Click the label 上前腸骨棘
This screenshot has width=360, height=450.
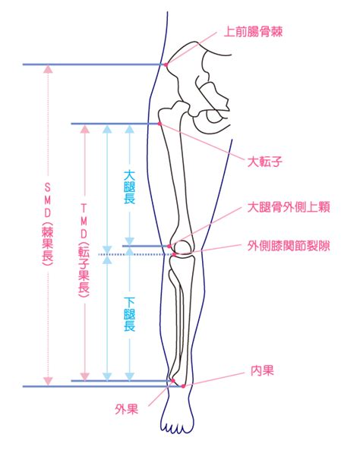coord(253,32)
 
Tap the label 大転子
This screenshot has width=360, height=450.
coord(265,162)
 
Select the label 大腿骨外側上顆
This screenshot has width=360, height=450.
coord(289,207)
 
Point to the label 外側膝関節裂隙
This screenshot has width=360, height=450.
coord(289,246)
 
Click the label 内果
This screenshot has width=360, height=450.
coord(262,371)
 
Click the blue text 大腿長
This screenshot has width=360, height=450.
coord(130,187)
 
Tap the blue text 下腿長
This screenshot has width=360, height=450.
coord(130,314)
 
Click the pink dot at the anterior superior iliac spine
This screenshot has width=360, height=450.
coord(166,65)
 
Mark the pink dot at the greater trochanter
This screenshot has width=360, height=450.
coord(159,124)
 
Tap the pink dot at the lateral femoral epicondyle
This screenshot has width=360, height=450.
coord(169,246)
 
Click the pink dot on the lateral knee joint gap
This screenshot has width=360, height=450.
coord(174,254)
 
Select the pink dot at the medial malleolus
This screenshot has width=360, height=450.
coord(183,386)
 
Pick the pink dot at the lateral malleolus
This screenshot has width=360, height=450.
coord(173,381)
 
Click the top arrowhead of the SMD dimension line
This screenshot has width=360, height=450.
coord(48,69)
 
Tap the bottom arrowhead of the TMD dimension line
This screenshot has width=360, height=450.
coord(84,376)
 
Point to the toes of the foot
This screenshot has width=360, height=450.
coord(175,427)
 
